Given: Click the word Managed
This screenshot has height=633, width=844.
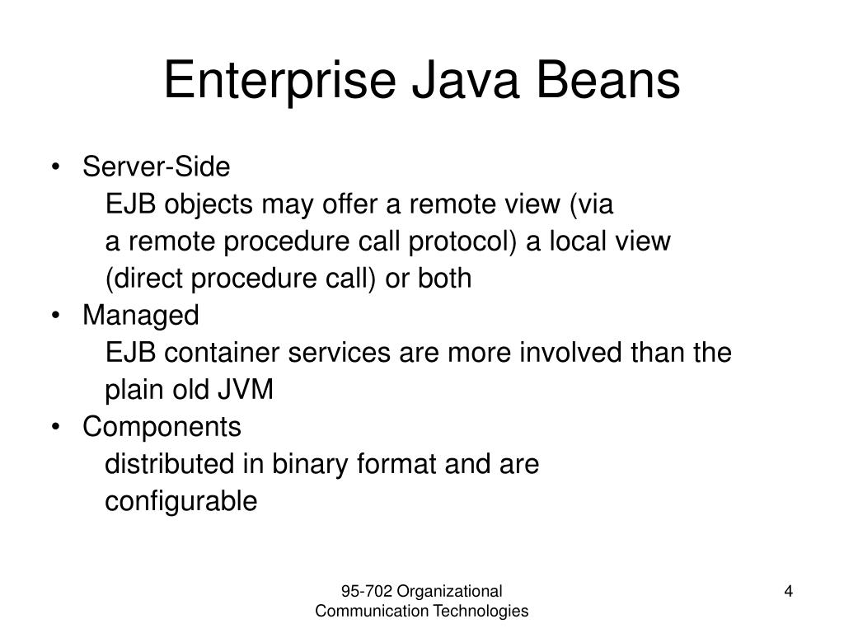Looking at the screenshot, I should [141, 316].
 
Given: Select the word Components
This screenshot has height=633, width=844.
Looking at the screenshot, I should [162, 427].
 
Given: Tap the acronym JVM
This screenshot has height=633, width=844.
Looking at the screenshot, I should [245, 390].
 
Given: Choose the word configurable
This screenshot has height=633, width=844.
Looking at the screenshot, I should [181, 502].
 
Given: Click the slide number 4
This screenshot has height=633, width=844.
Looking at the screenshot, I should [788, 591].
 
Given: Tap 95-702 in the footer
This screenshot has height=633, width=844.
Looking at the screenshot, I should [368, 591].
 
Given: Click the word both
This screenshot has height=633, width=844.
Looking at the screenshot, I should [445, 279].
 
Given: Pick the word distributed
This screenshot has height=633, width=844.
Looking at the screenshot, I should [170, 465].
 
